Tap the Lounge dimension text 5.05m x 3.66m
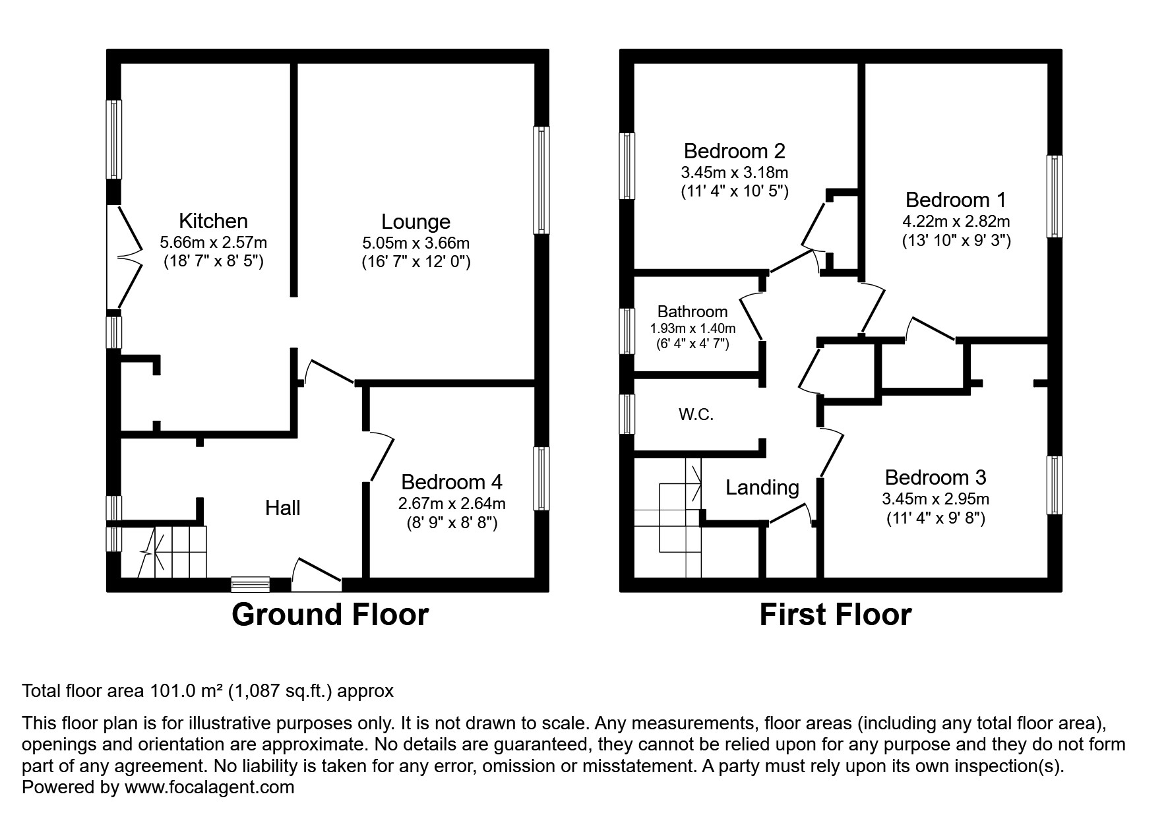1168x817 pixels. [415, 243]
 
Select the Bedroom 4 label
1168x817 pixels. [451, 482]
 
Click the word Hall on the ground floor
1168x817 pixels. [282, 507]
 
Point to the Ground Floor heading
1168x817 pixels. [330, 615]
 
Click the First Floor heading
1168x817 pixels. [835, 615]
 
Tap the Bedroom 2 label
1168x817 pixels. [734, 151]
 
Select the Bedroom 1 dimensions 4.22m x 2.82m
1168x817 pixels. [956, 221]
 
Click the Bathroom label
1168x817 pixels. [692, 311]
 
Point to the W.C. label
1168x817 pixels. [696, 415]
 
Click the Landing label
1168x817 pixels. [762, 487]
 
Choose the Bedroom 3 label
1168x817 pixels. [935, 477]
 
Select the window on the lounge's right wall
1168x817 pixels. [541, 180]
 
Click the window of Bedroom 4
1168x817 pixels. [541, 478]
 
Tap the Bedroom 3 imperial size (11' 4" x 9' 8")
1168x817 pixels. [935, 518]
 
